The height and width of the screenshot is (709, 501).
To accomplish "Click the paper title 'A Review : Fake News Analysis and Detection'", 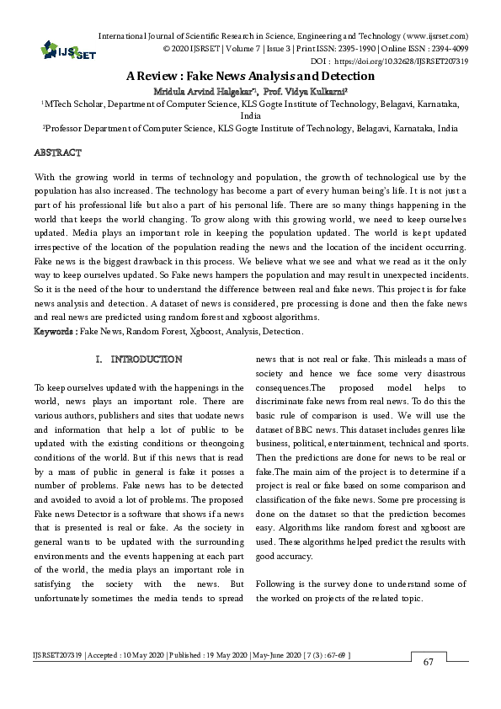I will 250,75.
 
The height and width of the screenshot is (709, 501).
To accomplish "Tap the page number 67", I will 428,662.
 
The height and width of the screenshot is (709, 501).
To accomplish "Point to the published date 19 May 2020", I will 215,654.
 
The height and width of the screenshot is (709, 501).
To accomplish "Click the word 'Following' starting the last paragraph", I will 275,584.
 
